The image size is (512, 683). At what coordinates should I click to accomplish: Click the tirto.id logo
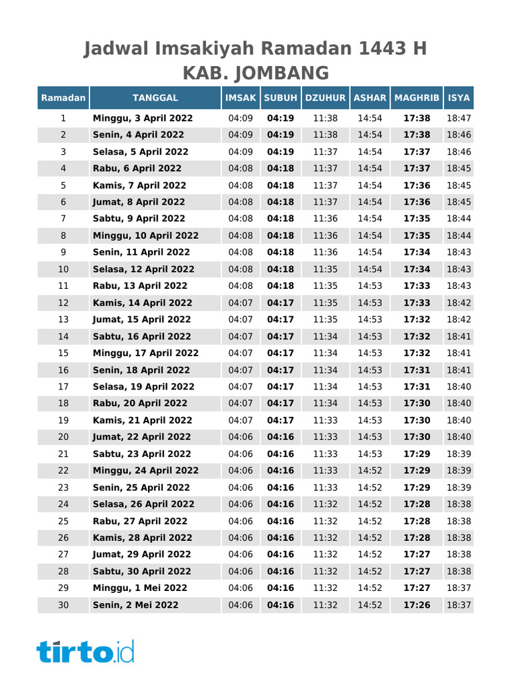coord(85,651)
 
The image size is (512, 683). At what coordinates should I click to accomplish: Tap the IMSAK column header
coord(241,98)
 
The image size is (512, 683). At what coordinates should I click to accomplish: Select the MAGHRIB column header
coord(417,98)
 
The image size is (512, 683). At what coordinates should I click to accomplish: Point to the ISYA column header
coord(459,98)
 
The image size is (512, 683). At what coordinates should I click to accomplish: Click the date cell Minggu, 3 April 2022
coord(143,118)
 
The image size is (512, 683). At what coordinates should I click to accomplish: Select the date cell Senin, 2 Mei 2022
coord(135,605)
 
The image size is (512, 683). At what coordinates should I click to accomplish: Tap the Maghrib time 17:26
coord(417,605)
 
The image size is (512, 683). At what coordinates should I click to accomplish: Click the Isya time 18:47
coord(459,118)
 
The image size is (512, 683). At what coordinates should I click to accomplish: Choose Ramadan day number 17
coord(63,387)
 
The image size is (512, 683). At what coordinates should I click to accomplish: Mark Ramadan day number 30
coord(63,605)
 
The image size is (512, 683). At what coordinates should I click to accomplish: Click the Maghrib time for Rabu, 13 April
coord(417,285)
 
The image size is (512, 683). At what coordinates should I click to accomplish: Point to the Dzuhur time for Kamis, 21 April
coord(325,420)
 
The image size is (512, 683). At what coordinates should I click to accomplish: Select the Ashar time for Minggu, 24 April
coord(370,470)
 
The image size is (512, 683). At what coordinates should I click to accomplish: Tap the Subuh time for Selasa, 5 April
coord(281,151)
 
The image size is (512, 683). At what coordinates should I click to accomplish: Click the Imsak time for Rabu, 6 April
coord(241,168)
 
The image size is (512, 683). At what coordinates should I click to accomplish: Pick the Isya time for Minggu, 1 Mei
coord(459,588)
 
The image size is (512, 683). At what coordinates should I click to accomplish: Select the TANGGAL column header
coord(155,98)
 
